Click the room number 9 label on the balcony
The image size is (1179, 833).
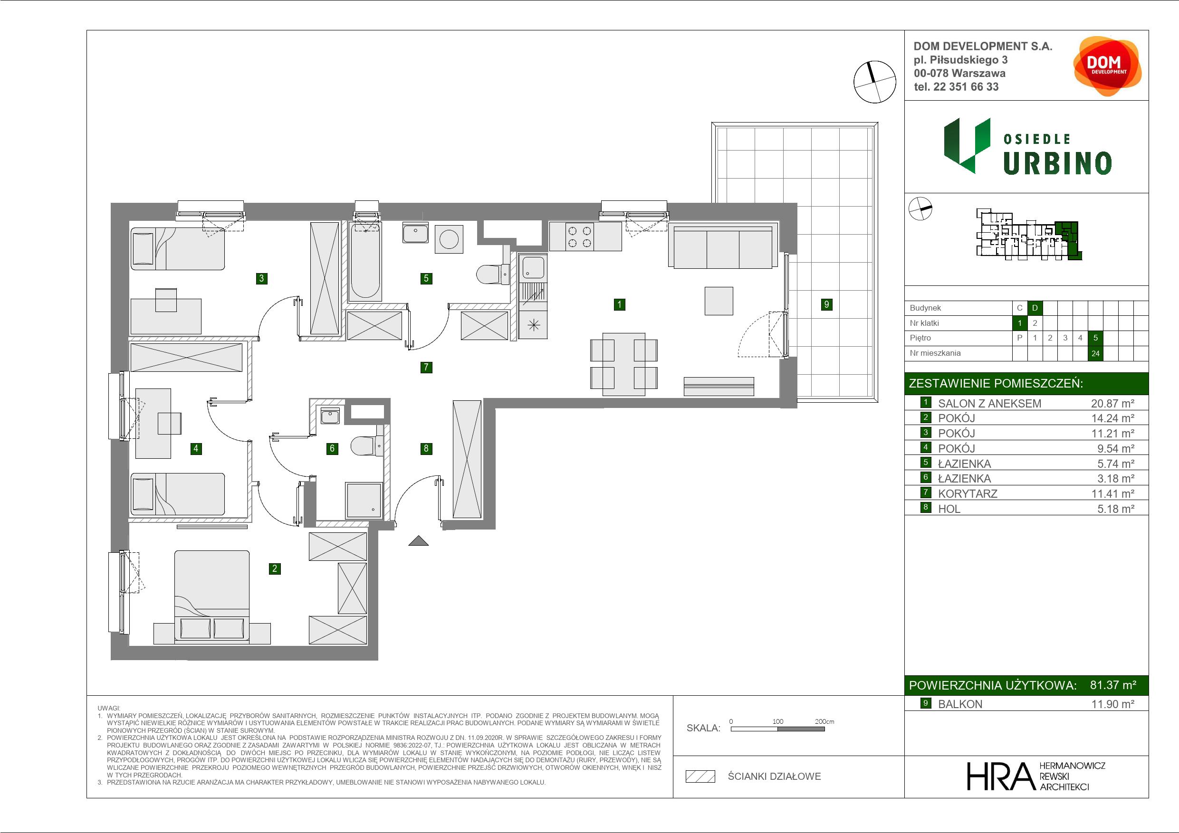point(826,304)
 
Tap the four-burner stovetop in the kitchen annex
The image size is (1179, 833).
point(579,236)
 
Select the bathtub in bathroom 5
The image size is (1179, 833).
point(365,261)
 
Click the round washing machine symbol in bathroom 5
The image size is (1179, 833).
point(449,239)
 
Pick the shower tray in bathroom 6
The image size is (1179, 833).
point(364,500)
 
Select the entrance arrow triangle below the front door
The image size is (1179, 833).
point(419,540)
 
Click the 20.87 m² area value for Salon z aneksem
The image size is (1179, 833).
point(1112,403)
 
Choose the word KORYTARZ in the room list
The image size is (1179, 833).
point(968,494)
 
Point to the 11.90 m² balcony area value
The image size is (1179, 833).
point(1112,704)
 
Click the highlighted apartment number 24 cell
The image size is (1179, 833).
point(1095,353)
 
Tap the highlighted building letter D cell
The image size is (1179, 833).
point(1035,308)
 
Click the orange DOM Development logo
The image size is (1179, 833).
point(1107,66)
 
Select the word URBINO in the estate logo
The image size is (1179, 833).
point(1057,164)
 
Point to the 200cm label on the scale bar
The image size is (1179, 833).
point(824,721)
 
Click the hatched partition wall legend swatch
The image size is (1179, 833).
point(700,776)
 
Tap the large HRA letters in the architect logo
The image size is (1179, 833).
point(1000,776)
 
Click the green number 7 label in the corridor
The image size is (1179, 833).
point(426,367)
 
